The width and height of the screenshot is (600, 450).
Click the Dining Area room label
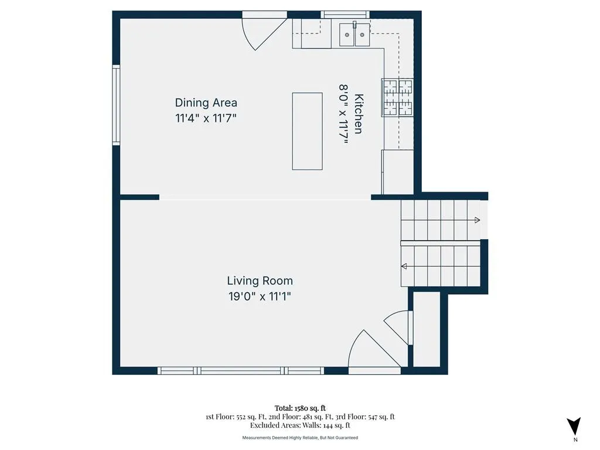206,103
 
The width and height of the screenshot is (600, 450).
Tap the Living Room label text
260,281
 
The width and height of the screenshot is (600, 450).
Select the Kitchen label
359,114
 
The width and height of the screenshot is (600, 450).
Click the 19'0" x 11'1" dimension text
260,296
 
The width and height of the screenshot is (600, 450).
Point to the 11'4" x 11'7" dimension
206,118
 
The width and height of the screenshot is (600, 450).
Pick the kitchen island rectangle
307,131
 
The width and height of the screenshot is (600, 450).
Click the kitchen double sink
354,35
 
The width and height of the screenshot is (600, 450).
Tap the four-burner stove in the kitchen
397,98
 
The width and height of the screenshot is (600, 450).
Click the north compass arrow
574,426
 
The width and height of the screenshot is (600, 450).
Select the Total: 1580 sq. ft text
300,408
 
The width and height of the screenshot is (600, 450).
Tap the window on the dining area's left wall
116,105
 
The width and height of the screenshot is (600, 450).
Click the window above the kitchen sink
345,15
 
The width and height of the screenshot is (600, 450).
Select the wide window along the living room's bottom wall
241,370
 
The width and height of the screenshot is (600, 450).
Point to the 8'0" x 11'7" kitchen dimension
343,114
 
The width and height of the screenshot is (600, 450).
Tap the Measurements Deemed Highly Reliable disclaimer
300,437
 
